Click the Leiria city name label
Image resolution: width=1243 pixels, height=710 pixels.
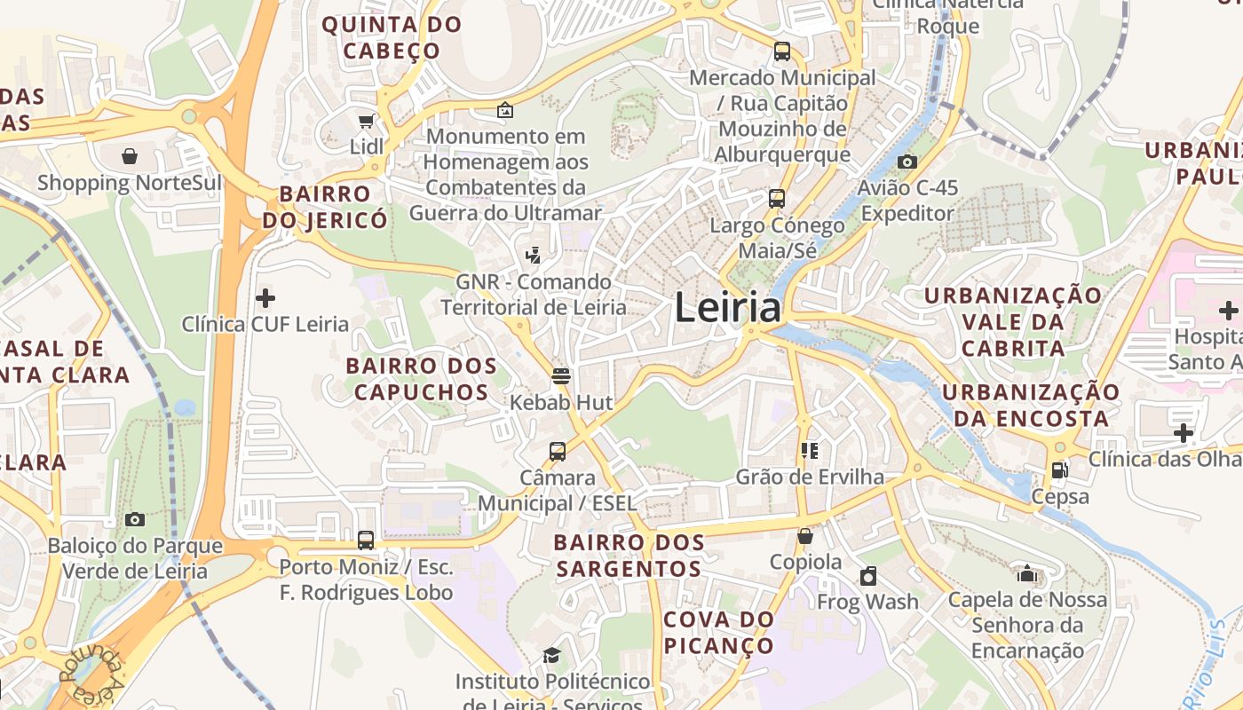click(728, 308)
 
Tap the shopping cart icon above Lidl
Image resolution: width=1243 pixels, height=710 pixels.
click(365, 121)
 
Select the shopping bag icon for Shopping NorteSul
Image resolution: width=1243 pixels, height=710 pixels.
click(130, 157)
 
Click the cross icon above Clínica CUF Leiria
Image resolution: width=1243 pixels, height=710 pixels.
click(265, 298)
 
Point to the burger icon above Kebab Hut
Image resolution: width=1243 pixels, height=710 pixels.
click(560, 375)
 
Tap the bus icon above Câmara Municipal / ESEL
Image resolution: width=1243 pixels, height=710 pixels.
click(558, 452)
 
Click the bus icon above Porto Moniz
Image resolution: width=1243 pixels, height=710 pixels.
click(365, 540)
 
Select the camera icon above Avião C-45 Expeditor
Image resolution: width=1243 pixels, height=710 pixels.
click(907, 162)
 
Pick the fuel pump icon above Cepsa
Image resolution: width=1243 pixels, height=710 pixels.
click(1059, 470)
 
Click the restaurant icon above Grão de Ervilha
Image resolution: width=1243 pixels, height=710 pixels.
click(809, 451)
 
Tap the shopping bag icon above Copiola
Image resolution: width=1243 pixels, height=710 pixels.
click(805, 536)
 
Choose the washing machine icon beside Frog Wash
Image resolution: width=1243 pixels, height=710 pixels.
click(868, 577)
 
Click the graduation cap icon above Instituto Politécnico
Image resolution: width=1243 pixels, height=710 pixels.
click(551, 656)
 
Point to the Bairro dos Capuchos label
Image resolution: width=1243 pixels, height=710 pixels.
click(421, 379)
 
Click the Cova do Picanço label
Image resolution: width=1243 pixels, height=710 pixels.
click(719, 632)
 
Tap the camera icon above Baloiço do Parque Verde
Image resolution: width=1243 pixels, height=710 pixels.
click(135, 519)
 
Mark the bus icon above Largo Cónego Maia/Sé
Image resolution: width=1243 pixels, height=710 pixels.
click(777, 198)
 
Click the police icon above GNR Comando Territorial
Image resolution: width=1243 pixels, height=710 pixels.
click(533, 256)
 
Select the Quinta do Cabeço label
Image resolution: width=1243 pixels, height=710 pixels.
click(392, 37)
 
